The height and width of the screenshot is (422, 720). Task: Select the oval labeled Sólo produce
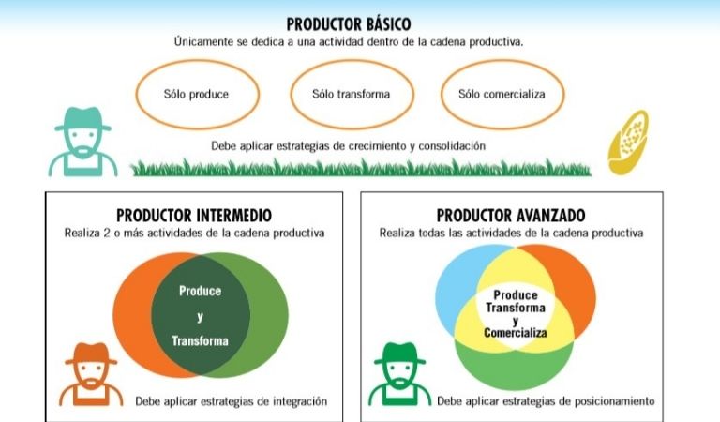pyautogui.click(x=196, y=95)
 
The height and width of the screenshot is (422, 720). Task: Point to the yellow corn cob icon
pyautogui.click(x=627, y=142)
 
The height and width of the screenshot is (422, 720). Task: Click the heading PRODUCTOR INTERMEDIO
pyautogui.click(x=194, y=215)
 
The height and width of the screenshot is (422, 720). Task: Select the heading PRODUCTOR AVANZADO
pyautogui.click(x=511, y=215)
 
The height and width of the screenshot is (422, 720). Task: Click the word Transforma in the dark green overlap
pyautogui.click(x=200, y=341)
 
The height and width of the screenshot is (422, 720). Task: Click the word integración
pyautogui.click(x=292, y=401)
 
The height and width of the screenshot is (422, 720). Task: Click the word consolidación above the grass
pyautogui.click(x=445, y=146)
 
